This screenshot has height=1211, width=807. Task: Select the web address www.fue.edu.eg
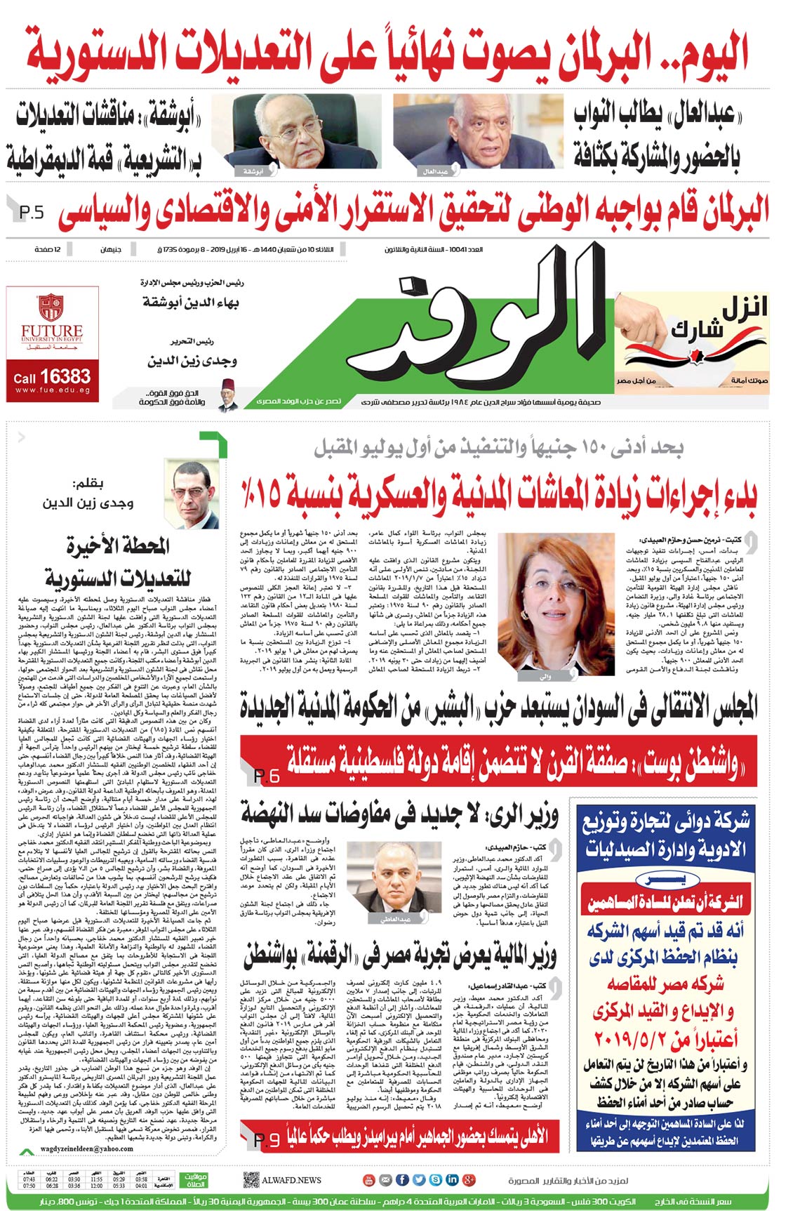click(x=51, y=390)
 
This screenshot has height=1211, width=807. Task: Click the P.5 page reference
click(x=32, y=211)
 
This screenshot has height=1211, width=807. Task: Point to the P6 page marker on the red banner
click(x=266, y=776)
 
